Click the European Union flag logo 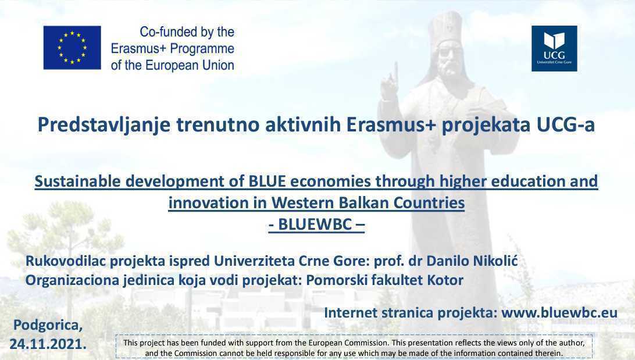click(72, 48)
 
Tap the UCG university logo click(554, 49)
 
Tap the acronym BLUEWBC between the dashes click(315, 224)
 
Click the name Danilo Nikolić click(472, 261)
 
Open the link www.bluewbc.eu click(559, 313)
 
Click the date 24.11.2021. click(48, 344)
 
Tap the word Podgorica click(48, 325)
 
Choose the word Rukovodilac click(66, 261)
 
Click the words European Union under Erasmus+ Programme click(190, 65)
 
